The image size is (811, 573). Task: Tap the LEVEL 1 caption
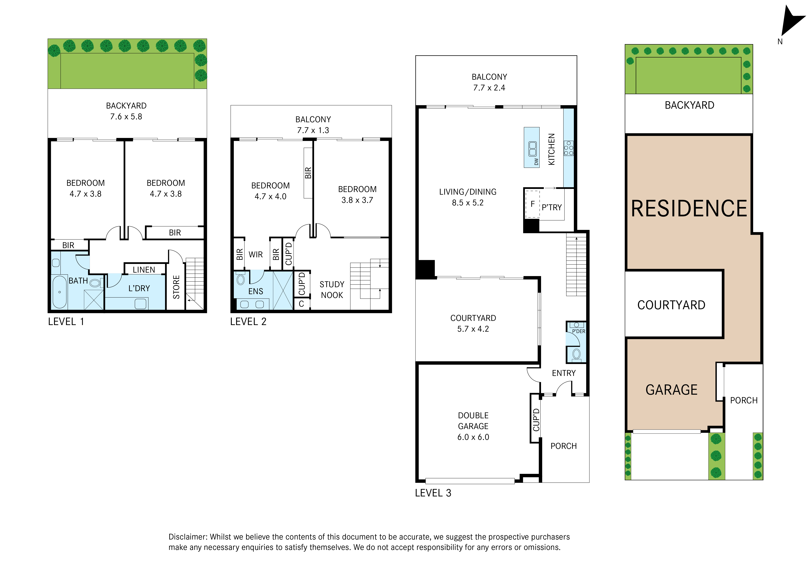coord(66,322)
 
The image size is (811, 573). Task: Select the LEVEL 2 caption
coord(248,322)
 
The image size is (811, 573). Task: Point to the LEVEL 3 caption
coord(433,493)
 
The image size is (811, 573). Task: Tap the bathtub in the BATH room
coord(59,292)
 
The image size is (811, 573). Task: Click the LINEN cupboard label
coord(144,270)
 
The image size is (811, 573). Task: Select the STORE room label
coord(176,287)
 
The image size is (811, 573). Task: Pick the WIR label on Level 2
coord(256,255)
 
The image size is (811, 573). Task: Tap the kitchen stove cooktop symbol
coord(568,148)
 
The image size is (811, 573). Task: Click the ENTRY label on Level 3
coord(564,373)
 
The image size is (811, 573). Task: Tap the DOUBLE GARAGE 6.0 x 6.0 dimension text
coord(473,437)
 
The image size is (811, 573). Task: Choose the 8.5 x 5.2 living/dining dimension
coord(468,203)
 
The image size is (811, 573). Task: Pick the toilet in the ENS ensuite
coord(241,279)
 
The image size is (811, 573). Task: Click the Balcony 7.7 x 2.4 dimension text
coord(489,88)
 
